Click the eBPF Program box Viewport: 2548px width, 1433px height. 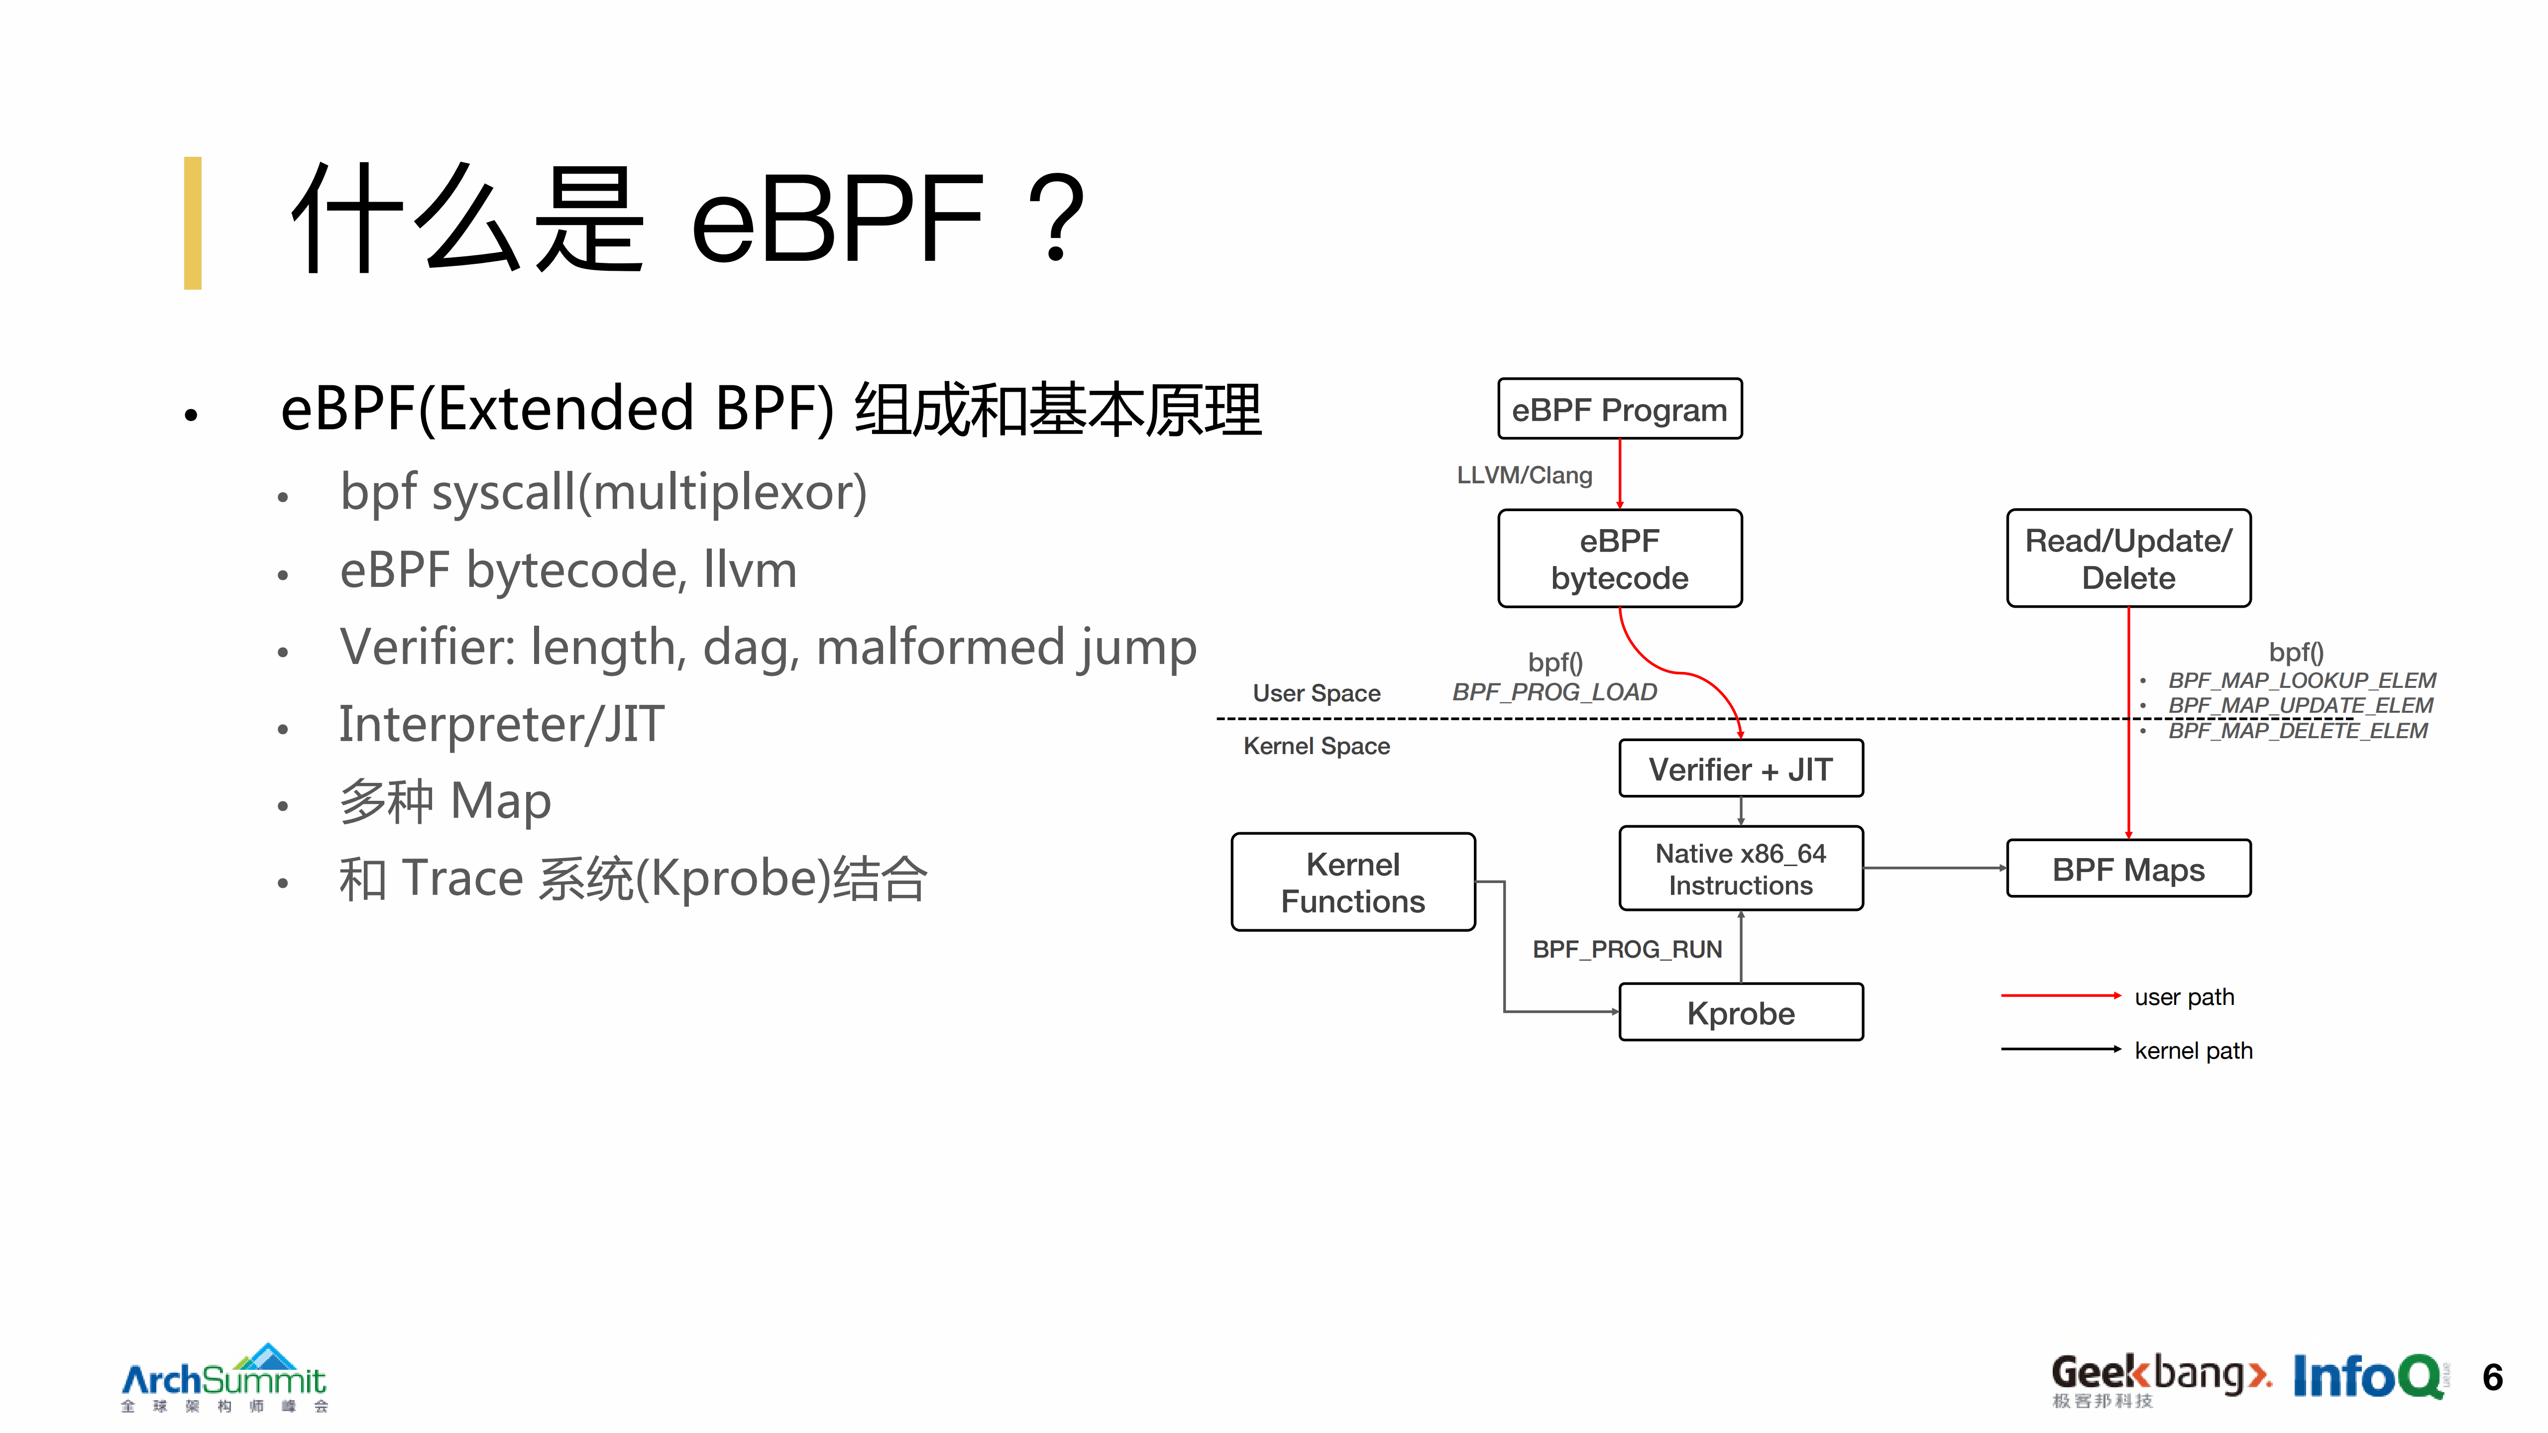tap(1619, 409)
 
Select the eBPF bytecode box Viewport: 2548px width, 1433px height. tap(1619, 559)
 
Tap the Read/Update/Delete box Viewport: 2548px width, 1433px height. tap(2127, 559)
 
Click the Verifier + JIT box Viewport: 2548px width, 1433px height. tap(1740, 769)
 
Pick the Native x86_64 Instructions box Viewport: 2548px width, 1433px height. tap(1740, 868)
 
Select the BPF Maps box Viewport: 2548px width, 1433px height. tap(2127, 869)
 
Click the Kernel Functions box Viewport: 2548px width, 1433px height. tap(1352, 882)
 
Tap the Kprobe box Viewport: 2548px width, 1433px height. tap(1740, 1013)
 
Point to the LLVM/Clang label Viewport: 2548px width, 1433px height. tap(1524, 476)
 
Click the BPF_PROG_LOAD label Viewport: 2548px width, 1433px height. tap(1554, 692)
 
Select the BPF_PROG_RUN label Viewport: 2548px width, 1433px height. tap(1627, 949)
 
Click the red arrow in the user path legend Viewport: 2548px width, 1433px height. tap(2060, 996)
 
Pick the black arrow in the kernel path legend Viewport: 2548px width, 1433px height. tap(2060, 1049)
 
